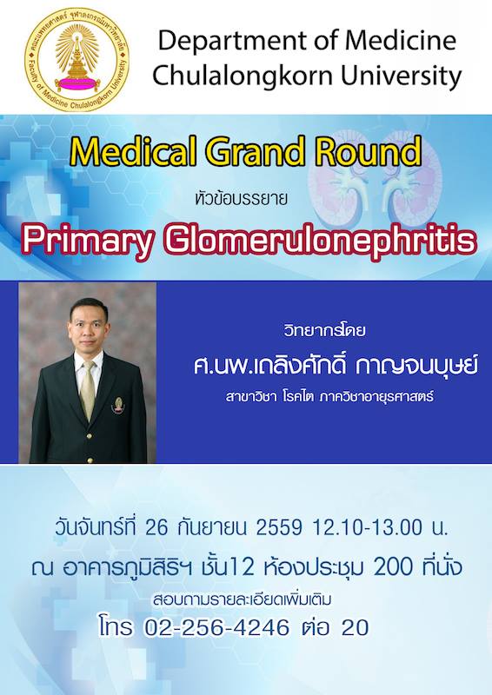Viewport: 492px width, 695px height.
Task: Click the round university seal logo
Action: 77,59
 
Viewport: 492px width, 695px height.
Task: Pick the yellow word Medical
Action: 134,151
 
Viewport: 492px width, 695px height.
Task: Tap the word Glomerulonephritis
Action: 319,242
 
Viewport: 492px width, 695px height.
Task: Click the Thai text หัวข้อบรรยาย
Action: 242,199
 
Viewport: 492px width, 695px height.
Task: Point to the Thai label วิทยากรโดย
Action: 325,330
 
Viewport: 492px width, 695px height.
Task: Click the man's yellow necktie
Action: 88,390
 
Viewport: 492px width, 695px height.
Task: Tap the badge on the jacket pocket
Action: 118,405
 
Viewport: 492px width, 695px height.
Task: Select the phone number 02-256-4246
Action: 217,627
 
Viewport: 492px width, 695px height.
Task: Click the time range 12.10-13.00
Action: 368,528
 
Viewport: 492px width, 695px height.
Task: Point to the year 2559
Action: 279,528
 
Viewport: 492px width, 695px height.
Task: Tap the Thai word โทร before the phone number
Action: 116,627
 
